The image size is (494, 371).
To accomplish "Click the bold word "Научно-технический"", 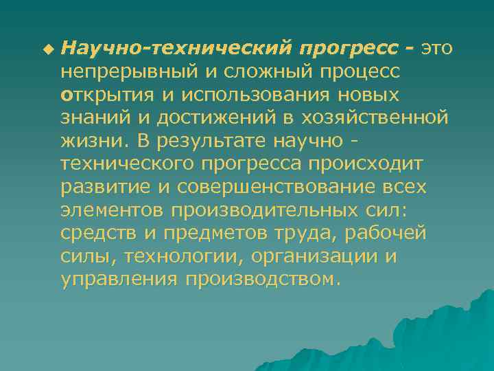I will [176, 49].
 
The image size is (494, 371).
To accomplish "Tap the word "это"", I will [437, 49].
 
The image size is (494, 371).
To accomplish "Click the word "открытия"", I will [101, 94].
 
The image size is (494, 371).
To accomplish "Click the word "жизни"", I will [87, 141].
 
